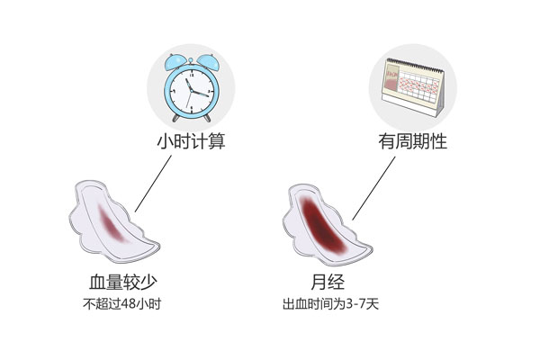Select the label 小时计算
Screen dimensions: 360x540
[x=189, y=140]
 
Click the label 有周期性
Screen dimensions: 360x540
[x=413, y=140]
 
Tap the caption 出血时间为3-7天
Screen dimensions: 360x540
[x=329, y=301]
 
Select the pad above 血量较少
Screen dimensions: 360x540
[x=108, y=220]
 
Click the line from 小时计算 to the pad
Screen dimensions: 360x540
[x=153, y=185]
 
